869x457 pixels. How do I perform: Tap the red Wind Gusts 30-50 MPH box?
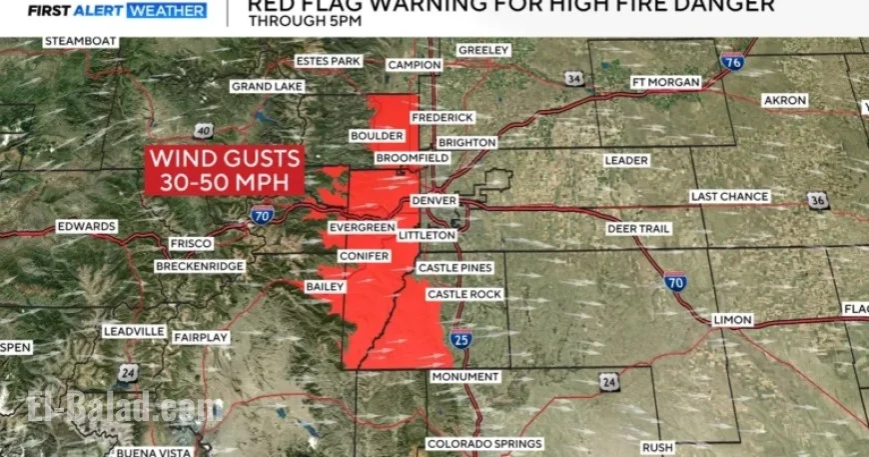(x=225, y=170)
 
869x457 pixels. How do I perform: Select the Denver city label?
(x=434, y=201)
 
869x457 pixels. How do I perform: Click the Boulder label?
(x=377, y=135)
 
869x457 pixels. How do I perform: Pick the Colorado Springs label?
(x=484, y=443)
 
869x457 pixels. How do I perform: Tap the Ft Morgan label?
(x=666, y=82)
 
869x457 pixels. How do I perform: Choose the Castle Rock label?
(x=463, y=294)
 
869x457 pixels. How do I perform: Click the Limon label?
(x=732, y=320)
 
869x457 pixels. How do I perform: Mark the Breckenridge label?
(x=200, y=266)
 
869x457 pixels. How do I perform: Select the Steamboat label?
(x=81, y=42)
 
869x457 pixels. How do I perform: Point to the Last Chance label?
(x=730, y=197)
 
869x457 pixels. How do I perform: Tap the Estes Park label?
(x=329, y=61)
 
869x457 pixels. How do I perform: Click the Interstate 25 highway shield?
(x=459, y=341)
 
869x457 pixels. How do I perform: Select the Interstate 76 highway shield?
(x=733, y=61)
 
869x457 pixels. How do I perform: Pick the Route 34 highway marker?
(x=573, y=78)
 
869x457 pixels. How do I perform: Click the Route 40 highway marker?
(x=203, y=130)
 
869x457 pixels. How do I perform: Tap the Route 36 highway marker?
(x=818, y=201)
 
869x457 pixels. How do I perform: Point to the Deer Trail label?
(x=638, y=229)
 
